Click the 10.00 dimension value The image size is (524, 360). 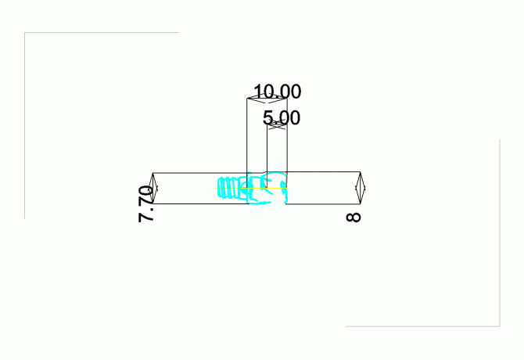(278, 92)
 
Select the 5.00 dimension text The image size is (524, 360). (282, 117)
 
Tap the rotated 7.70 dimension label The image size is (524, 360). (146, 204)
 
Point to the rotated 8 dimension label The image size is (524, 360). (354, 218)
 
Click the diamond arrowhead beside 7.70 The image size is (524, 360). (153, 188)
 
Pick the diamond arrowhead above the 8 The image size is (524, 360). (360, 188)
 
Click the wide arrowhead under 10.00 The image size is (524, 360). (267, 99)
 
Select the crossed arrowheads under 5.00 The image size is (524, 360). (277, 125)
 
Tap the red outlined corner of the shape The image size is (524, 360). (277, 172)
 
